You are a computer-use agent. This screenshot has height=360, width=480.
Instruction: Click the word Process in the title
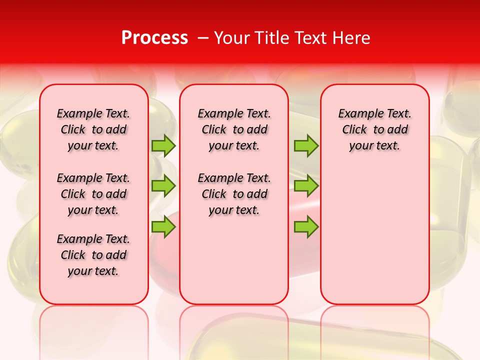[x=154, y=38]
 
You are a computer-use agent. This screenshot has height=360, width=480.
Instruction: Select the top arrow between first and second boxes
[x=163, y=145]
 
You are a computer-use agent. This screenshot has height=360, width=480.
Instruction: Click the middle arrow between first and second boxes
[x=163, y=186]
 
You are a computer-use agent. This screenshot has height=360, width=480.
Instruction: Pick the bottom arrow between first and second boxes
[x=163, y=227]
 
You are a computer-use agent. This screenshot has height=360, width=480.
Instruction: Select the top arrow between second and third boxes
[x=306, y=145]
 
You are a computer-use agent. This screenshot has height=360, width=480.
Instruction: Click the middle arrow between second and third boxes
[x=306, y=186]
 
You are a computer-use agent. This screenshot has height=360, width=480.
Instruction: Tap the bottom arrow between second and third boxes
[x=306, y=227]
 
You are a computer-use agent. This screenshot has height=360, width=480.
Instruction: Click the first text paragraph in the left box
[x=93, y=129]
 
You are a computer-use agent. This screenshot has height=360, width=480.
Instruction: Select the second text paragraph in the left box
[x=93, y=194]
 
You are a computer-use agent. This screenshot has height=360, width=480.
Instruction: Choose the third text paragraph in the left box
[x=93, y=255]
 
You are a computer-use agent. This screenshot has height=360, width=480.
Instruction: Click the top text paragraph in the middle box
[x=234, y=129]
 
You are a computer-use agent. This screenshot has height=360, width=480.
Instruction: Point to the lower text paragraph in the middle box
[x=234, y=194]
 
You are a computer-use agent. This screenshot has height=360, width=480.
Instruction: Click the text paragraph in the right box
[x=374, y=129]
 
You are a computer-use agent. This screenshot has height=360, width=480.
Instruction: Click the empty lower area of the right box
[x=374, y=235]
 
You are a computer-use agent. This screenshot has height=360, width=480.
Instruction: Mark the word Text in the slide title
[x=311, y=38]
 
